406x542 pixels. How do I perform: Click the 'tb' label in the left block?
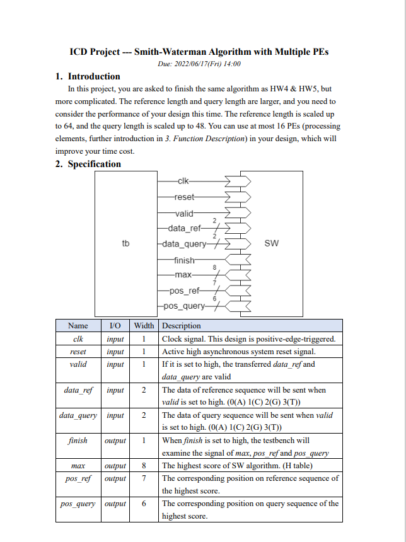pos(125,243)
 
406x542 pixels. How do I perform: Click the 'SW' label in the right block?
pos(271,243)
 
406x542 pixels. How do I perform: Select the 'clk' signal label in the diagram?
pos(183,181)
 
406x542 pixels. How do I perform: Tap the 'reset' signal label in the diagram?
pos(185,197)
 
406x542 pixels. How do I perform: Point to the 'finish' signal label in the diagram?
pos(185,260)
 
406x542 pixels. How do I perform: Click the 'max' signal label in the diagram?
pos(183,275)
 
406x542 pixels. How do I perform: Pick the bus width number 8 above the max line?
pos(215,268)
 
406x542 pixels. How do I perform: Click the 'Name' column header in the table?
pos(78,326)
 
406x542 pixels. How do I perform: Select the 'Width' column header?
pos(144,326)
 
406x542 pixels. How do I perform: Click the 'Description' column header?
pos(182,326)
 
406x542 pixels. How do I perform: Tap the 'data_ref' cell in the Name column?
pos(78,390)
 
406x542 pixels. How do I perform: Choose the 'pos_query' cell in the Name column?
pos(78,504)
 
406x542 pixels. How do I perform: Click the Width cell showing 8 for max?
pos(144,466)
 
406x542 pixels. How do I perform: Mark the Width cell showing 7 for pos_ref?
pos(144,478)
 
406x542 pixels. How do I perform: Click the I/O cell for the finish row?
pos(115,441)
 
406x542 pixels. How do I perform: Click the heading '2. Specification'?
pos(88,164)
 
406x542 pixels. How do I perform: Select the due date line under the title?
pos(199,64)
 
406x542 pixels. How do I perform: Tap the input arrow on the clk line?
pos(238,181)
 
